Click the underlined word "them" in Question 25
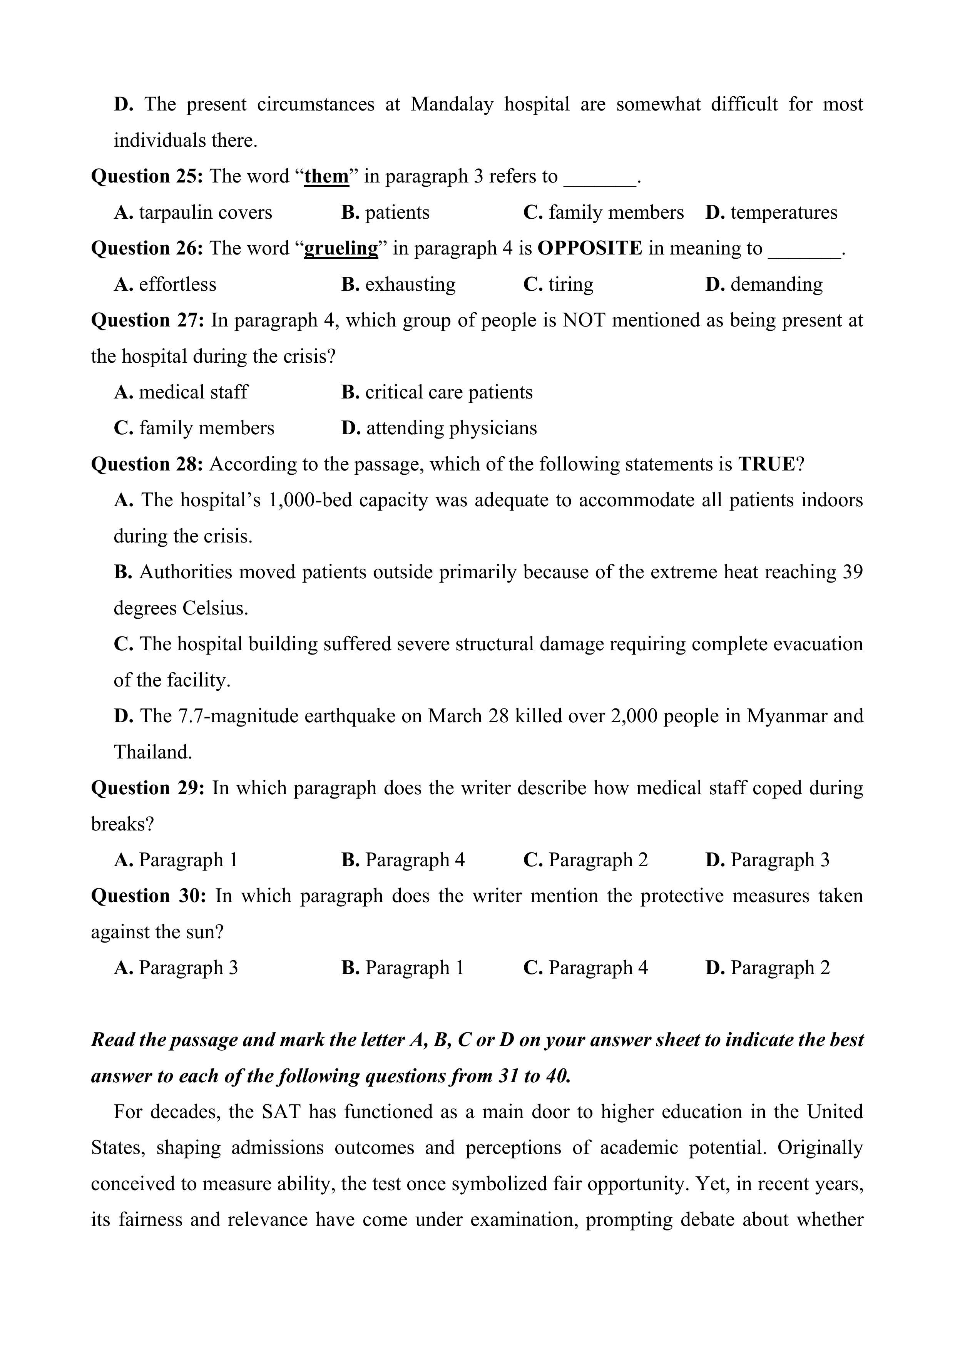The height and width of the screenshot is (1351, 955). [x=326, y=176]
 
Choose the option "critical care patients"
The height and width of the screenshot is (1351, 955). [x=448, y=392]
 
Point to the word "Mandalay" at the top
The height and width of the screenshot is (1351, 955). [x=452, y=104]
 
